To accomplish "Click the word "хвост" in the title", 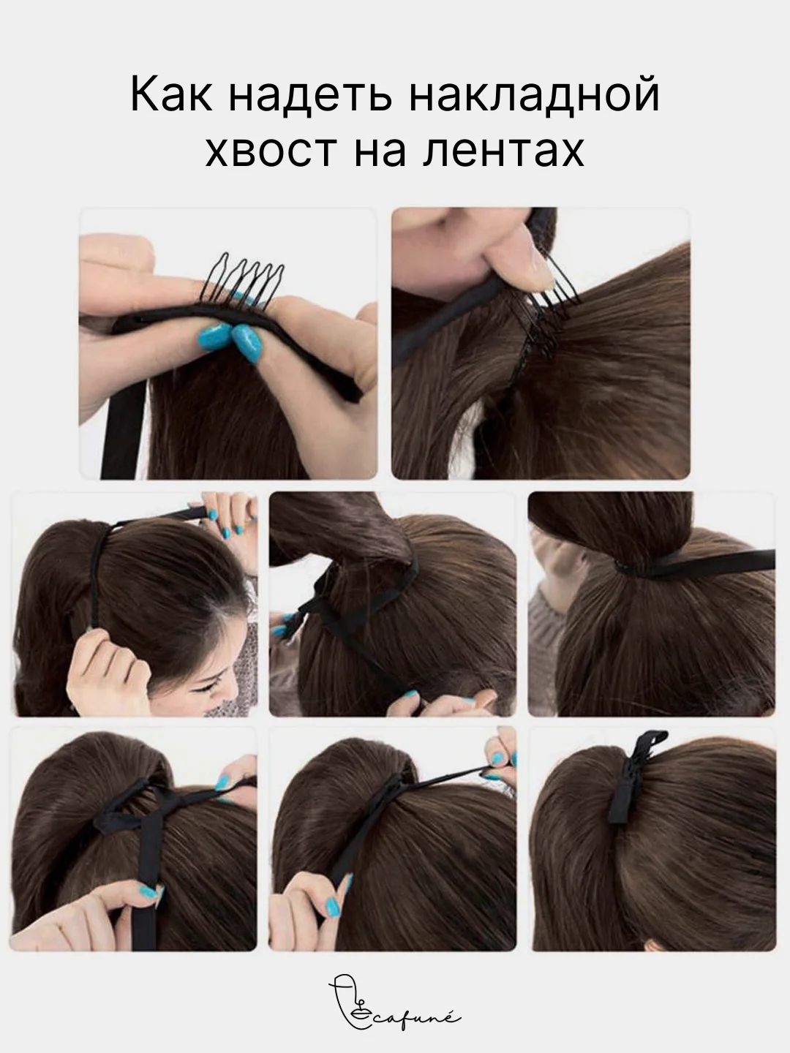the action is [x=271, y=151].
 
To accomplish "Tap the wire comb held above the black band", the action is [x=242, y=283].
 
